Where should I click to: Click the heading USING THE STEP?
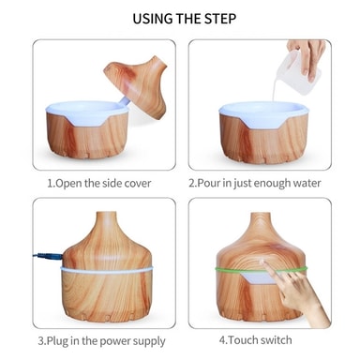[184, 19]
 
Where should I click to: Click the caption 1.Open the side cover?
[99, 183]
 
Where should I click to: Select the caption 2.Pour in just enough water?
[255, 183]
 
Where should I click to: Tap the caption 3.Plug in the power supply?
[101, 340]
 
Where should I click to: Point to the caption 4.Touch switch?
[255, 340]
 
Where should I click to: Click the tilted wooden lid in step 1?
[137, 84]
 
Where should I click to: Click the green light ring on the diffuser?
[261, 269]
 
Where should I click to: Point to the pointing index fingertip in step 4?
[263, 262]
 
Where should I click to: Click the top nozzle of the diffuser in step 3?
[106, 217]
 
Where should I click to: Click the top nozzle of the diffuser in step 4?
[261, 218]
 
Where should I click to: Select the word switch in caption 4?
[276, 340]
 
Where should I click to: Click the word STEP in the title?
[220, 19]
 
